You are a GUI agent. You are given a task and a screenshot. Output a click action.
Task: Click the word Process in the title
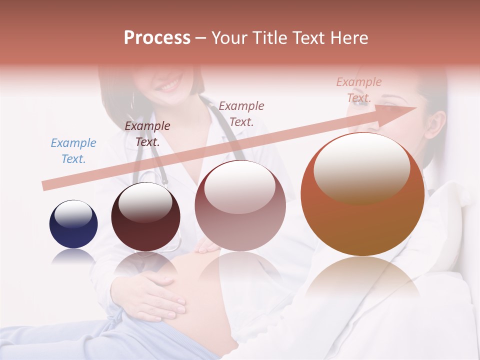(157, 38)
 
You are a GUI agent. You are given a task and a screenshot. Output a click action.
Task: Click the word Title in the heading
(269, 38)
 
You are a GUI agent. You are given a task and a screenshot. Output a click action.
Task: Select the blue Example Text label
(73, 151)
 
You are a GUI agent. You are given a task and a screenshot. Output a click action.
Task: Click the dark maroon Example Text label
(147, 134)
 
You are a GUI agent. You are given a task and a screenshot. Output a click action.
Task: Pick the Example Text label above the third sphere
(241, 113)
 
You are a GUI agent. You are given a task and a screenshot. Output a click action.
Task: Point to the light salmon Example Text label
(359, 89)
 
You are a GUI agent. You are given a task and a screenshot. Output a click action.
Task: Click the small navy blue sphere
(73, 224)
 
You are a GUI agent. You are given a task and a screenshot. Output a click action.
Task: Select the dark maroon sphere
(145, 217)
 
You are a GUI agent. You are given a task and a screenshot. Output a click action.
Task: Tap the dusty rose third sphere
(240, 205)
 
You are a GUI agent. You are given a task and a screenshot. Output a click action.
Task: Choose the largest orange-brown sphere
(362, 194)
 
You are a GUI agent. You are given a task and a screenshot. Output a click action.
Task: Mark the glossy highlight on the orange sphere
(361, 167)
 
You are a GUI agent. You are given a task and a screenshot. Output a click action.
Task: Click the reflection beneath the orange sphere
(362, 280)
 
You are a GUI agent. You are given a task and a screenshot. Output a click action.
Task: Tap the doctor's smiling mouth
(169, 84)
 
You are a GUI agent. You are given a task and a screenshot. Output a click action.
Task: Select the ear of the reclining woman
(437, 125)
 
